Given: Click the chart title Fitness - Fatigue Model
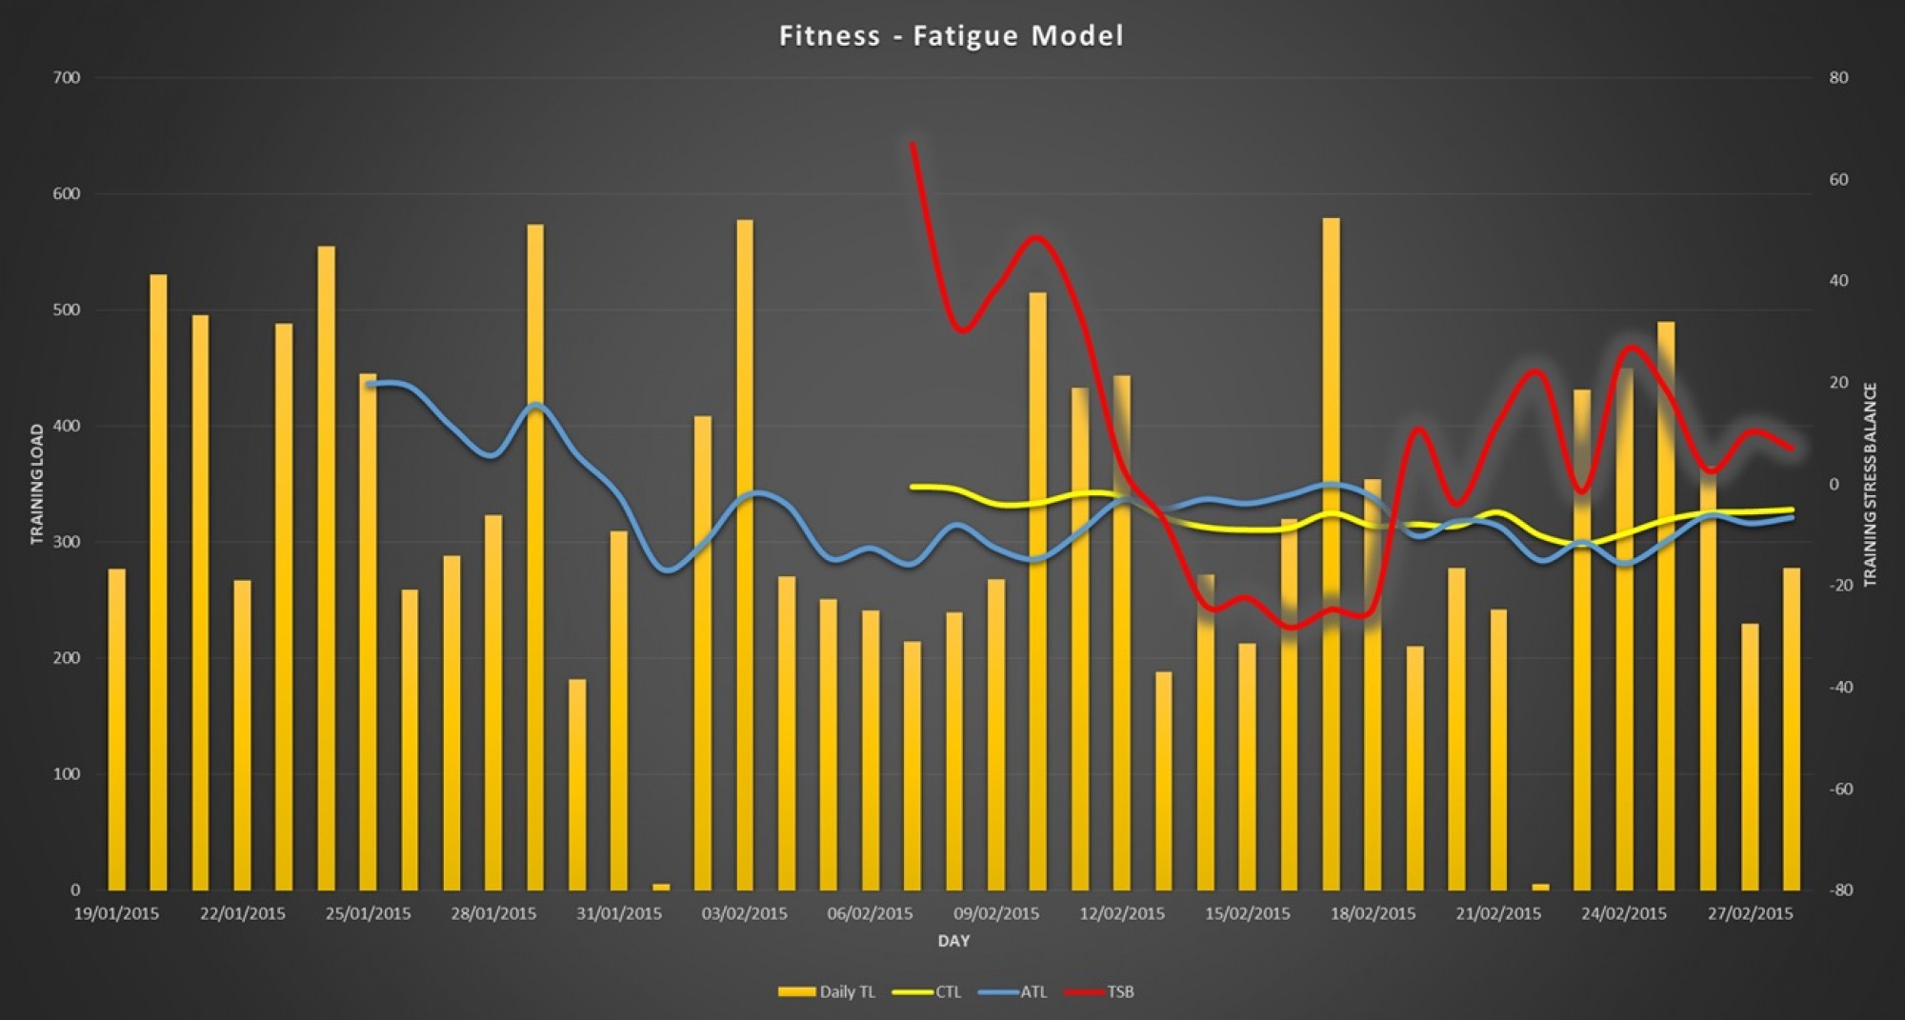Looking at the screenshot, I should pos(951,36).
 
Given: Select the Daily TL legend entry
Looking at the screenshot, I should pos(827,991).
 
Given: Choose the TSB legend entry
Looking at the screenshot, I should pos(1099,991).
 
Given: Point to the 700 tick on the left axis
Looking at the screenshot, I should pos(67,78).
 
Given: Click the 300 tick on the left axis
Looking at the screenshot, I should pos(67,542).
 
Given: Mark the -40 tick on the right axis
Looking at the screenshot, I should pos(1840,688).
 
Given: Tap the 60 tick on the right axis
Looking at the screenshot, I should pos(1838,180).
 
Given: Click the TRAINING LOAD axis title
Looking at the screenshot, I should pos(37,484).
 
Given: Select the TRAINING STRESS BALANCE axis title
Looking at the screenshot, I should pos(1870,484).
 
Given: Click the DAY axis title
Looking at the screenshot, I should pos(953,941).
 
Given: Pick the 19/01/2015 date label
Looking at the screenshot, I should pos(116,914).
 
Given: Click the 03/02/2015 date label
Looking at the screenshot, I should pos(744,914).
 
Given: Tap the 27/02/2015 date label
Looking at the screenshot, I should pos(1750,914).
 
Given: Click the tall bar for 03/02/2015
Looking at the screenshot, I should pos(744,552).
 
